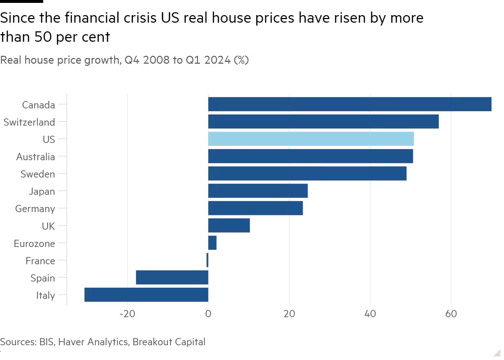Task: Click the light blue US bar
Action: pos(311,139)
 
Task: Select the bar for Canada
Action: pos(350,104)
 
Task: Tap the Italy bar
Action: pos(146,295)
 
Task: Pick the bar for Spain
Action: pos(172,278)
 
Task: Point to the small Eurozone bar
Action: pos(212,243)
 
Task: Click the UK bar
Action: pos(229,226)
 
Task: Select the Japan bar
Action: pos(258,191)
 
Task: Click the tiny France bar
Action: pos(207,260)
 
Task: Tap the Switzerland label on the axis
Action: pos(29,122)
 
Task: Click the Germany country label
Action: pos(35,209)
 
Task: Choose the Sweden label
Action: pos(38,174)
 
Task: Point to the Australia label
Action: pos(36,157)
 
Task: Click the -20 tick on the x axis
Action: pos(127,314)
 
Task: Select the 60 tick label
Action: pos(451,314)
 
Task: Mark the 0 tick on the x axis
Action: pos(208,314)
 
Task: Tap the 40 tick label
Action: pos(370,314)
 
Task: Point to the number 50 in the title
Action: pos(43,37)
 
